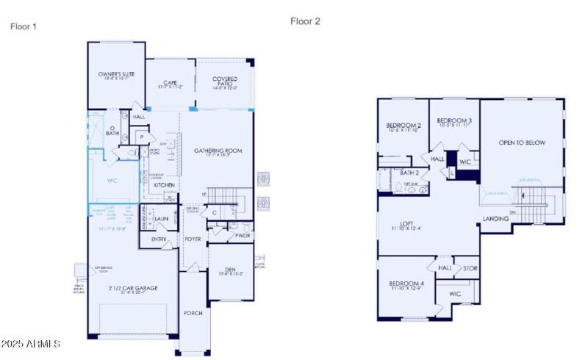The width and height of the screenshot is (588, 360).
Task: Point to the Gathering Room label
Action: [x=218, y=151]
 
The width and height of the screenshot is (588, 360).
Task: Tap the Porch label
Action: [x=193, y=313]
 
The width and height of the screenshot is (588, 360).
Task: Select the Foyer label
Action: [x=192, y=239]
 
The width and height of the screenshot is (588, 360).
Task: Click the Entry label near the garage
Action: [x=159, y=240]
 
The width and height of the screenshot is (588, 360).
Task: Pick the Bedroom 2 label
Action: [x=403, y=126]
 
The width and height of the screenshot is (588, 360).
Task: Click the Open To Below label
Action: [x=522, y=143]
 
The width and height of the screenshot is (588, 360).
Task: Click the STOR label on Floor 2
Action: [x=470, y=268]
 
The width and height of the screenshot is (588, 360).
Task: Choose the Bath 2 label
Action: [x=409, y=173]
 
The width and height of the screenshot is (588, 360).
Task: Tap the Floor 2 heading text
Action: [x=305, y=21]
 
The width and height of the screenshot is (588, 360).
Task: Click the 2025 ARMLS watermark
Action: [x=31, y=344]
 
